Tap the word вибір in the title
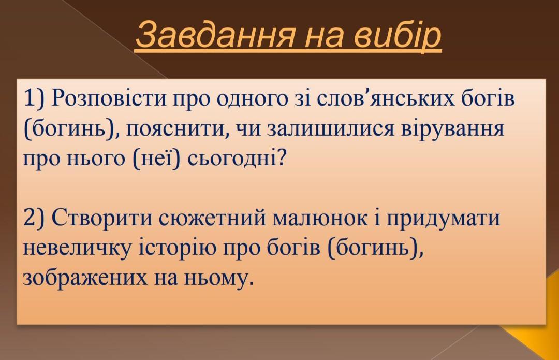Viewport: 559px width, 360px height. [398, 36]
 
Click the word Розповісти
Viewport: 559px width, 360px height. [109, 98]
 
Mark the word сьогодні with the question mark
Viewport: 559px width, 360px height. [237, 160]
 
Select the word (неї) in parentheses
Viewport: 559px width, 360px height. [155, 159]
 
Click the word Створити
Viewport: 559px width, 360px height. [102, 218]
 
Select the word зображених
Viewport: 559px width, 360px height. [85, 278]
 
